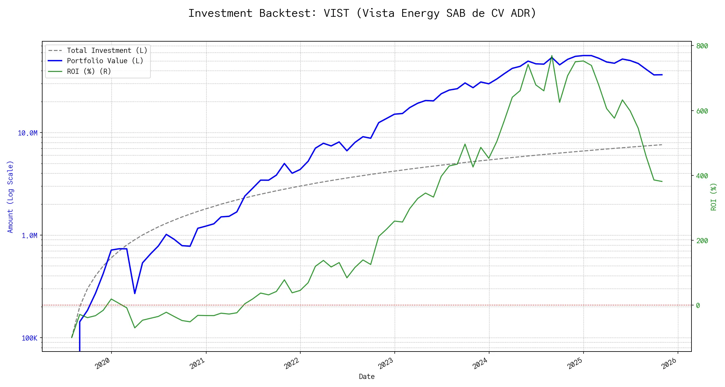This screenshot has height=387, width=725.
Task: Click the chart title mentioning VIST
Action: [362, 13]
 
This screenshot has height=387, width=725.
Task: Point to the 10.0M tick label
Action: [28, 133]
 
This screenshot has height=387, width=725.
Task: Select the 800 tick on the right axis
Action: [702, 46]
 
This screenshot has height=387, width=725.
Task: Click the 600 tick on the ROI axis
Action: [702, 111]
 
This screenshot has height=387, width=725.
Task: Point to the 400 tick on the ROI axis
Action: [702, 176]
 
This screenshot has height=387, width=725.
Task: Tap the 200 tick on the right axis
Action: [702, 241]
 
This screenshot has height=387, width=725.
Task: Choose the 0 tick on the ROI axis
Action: [698, 306]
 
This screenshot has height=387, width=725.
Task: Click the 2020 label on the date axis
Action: [103, 364]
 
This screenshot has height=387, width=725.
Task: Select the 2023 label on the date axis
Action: [386, 364]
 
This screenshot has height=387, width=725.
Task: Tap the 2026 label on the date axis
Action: [669, 364]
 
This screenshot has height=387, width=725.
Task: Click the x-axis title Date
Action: [367, 377]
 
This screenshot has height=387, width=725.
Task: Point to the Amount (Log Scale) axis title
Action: [10, 197]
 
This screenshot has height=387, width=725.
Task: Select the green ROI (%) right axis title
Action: [714, 197]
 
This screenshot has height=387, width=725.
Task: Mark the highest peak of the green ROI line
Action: [552, 56]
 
